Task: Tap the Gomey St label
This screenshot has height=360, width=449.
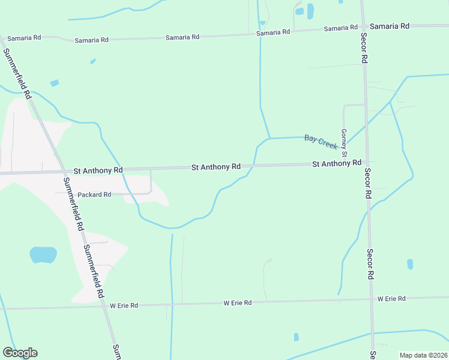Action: point(344,142)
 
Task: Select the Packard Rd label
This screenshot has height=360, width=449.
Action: point(94,195)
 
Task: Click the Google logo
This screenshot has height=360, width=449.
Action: point(20,353)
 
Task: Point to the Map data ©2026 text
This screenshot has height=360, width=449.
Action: point(423,355)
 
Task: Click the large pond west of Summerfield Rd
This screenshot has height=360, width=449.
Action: point(43,254)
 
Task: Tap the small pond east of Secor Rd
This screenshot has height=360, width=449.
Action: point(410,264)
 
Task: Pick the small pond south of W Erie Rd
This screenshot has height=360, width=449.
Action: point(296,337)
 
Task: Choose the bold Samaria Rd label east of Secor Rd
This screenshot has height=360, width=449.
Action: point(389,26)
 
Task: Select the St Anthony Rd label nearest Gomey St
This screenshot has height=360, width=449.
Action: point(336,163)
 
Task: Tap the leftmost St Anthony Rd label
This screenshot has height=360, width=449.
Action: point(98,171)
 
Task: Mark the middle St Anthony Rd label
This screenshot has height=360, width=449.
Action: point(215,167)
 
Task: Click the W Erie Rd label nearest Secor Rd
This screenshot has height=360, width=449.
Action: point(391,299)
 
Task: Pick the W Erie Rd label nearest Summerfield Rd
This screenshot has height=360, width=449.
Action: point(124,305)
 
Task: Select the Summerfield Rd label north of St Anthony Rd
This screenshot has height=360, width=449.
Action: point(17,73)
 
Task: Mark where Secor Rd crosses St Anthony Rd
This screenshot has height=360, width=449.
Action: point(366,163)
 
